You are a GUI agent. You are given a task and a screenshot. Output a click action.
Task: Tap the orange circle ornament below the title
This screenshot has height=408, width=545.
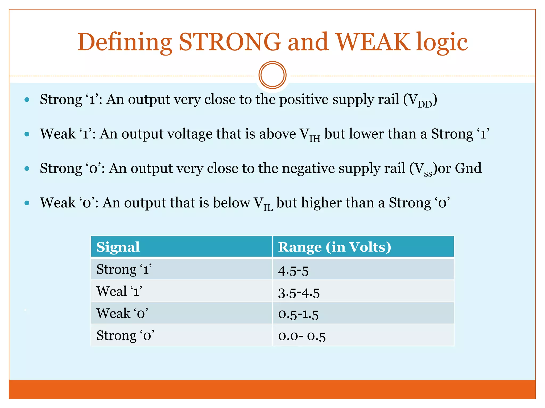(272, 75)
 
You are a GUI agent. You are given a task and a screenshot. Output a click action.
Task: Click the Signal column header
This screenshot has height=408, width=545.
(118, 247)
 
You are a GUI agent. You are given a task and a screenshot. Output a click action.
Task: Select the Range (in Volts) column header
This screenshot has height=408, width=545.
(335, 247)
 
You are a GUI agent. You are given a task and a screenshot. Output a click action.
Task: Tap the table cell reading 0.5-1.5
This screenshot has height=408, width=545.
(298, 314)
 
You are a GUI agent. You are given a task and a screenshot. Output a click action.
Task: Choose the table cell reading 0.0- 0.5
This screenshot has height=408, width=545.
(302, 336)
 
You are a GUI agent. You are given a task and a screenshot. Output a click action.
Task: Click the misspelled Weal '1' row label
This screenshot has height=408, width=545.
(119, 291)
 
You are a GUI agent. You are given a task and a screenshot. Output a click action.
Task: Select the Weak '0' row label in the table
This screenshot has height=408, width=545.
(122, 313)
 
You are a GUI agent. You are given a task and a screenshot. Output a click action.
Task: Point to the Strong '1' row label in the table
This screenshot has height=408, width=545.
(124, 269)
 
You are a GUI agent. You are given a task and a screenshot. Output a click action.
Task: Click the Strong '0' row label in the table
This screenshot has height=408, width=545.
(125, 335)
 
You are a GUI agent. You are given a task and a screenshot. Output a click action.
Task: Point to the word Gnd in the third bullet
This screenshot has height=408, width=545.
(468, 168)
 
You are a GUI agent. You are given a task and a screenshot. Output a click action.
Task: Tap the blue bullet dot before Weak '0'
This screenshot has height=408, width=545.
(27, 203)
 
